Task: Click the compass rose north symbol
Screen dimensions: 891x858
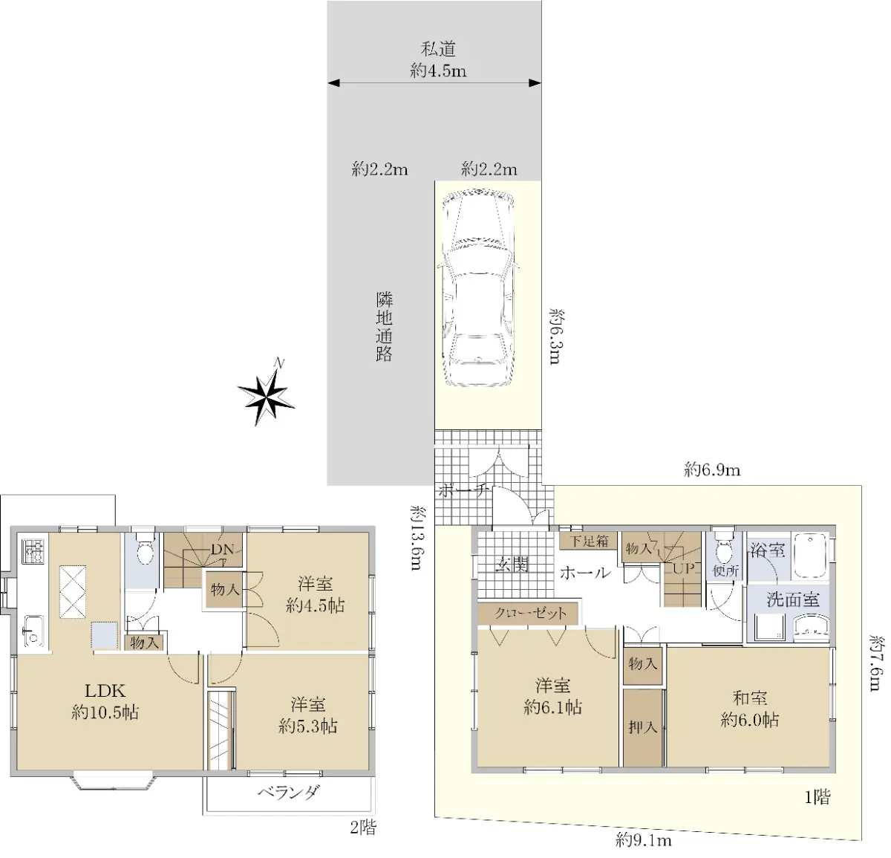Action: (x=267, y=394)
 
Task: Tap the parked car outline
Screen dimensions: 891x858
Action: (x=477, y=290)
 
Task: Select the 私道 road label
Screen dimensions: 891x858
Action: (x=438, y=49)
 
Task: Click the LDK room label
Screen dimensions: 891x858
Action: (x=105, y=690)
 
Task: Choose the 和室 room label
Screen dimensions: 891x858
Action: (x=749, y=698)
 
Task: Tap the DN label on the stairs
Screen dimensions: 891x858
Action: (x=223, y=549)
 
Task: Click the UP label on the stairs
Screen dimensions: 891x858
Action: (x=684, y=570)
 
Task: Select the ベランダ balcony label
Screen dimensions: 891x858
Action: (x=288, y=792)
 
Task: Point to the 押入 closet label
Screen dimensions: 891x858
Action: (x=643, y=727)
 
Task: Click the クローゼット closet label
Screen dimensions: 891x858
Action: (x=529, y=614)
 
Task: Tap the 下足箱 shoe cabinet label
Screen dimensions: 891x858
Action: (x=589, y=541)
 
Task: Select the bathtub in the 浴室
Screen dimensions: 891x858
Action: (x=811, y=555)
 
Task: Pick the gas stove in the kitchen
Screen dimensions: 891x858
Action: (x=33, y=551)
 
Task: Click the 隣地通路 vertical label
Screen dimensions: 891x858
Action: (x=384, y=327)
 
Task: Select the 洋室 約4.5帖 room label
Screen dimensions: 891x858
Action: (x=315, y=594)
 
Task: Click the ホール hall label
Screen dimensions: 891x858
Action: (x=586, y=573)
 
